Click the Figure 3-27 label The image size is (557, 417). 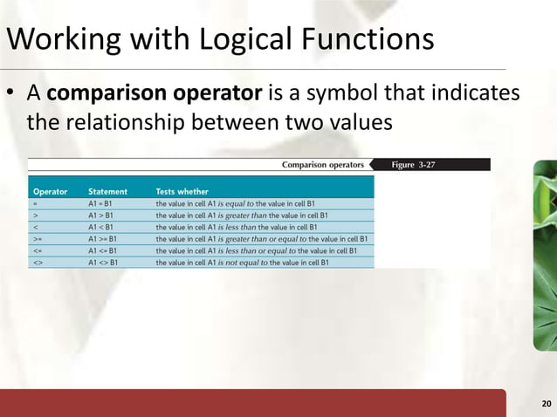coord(414,164)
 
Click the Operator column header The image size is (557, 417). coord(51,191)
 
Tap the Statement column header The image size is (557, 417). coord(107,191)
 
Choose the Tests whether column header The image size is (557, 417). coord(182,191)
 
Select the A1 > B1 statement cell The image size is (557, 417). coord(100,215)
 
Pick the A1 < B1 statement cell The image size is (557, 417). coord(100,226)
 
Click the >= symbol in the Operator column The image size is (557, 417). coord(38,238)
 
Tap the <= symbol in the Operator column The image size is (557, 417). coord(38,250)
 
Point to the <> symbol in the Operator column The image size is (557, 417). coord(38,262)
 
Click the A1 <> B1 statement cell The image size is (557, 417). coord(103,262)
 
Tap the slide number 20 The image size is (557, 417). coord(546,403)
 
